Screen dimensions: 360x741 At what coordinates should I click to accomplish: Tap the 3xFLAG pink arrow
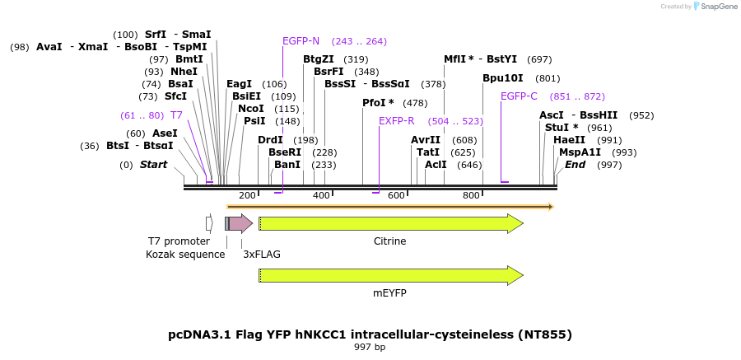pyautogui.click(x=240, y=223)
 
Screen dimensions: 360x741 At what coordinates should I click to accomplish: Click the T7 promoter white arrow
pyautogui.click(x=209, y=223)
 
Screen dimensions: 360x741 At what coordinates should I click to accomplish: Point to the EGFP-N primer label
pyautogui.click(x=301, y=41)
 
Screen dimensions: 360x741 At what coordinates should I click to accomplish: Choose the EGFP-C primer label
pyautogui.click(x=519, y=96)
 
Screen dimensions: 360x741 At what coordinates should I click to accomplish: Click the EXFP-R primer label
pyautogui.click(x=397, y=121)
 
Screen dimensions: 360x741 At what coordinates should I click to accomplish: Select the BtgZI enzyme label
pyautogui.click(x=319, y=59)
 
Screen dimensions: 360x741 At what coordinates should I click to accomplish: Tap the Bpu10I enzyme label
pyautogui.click(x=503, y=78)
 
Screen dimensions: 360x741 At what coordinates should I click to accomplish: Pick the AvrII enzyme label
pyautogui.click(x=426, y=140)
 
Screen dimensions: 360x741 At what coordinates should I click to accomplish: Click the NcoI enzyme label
pyautogui.click(x=251, y=109)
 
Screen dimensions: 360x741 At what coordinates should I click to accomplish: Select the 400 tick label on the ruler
pyautogui.click(x=321, y=195)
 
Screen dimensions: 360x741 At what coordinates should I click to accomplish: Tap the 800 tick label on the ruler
pyautogui.click(x=471, y=195)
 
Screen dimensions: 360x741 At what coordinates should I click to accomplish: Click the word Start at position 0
pyautogui.click(x=153, y=165)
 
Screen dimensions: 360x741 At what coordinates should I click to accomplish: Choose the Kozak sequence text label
pyautogui.click(x=185, y=255)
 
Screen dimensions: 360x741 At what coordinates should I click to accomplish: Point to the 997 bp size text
pyautogui.click(x=370, y=348)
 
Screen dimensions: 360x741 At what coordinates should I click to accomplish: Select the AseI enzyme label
pyautogui.click(x=165, y=133)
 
